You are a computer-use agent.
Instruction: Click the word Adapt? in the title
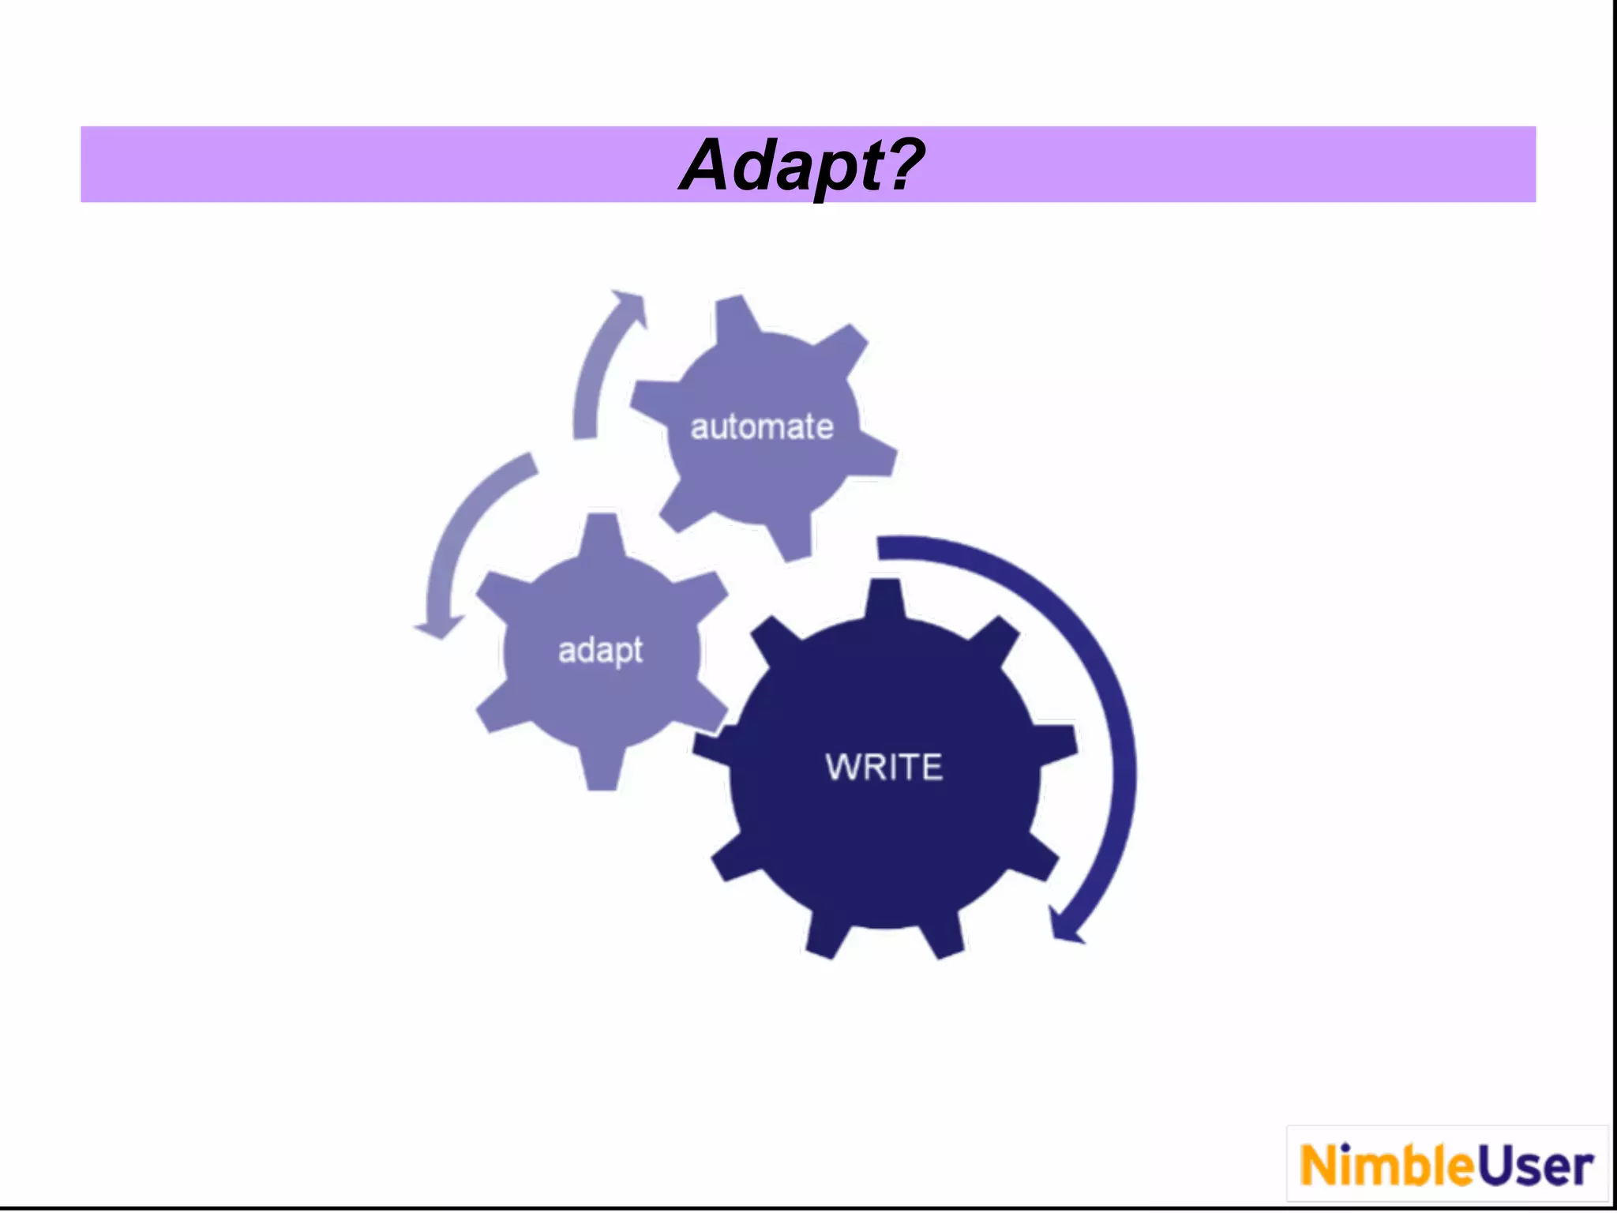801,166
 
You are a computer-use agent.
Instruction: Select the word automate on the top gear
762,427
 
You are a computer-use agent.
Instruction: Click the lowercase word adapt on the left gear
600,651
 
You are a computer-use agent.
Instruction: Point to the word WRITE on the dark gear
884,767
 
